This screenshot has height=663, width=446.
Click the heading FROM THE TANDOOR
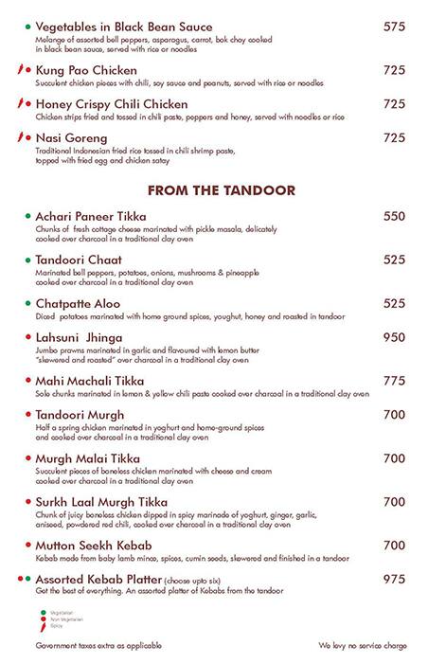tap(222, 190)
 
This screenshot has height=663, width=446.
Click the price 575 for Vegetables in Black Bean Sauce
tap(394, 27)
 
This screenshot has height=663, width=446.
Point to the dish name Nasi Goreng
tap(72, 137)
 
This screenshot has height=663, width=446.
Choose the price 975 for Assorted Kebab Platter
tap(394, 578)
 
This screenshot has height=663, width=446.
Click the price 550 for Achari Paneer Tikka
tap(394, 217)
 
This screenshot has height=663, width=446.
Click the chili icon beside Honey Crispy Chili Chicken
tap(22, 104)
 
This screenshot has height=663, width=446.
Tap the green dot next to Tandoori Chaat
tap(27, 260)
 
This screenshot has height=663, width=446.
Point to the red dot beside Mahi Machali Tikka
tap(27, 381)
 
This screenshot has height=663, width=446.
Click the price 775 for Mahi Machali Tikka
tap(394, 380)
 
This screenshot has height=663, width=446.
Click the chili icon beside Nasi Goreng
tap(22, 137)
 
